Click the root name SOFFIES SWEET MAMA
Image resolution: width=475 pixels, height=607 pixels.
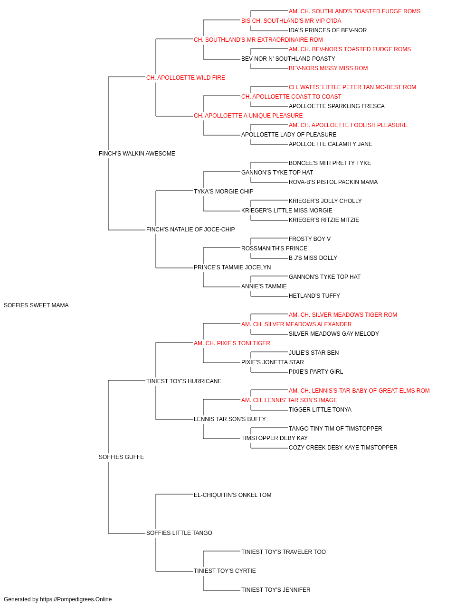[x=36, y=305]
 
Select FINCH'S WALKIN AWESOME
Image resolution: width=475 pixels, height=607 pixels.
[x=137, y=154]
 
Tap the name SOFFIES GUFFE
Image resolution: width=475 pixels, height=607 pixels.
[x=122, y=457]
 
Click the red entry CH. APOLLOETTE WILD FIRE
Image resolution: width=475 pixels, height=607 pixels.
[x=185, y=78]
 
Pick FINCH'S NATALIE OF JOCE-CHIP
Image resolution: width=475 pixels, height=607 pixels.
[x=190, y=230]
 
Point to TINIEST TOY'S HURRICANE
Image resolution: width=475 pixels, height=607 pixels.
[x=184, y=381]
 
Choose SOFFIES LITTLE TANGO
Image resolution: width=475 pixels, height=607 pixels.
[x=179, y=533]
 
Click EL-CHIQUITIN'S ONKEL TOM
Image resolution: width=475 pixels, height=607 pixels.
[x=232, y=495]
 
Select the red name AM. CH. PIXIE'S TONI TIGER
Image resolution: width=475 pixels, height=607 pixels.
[x=232, y=343]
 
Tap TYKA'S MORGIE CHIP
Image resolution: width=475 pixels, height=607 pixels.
[x=224, y=192]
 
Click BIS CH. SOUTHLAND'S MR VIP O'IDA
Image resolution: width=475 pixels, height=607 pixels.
[x=291, y=21]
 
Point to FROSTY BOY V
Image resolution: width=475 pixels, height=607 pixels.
[x=310, y=239]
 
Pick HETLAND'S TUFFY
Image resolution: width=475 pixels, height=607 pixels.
[x=314, y=296]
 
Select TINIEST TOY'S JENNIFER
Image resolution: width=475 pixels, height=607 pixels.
[x=276, y=589]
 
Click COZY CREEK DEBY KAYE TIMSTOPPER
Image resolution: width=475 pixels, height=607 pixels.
[x=343, y=448]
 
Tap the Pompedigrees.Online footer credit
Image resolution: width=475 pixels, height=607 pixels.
[x=57, y=599]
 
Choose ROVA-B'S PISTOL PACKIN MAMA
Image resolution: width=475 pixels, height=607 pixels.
[x=333, y=182]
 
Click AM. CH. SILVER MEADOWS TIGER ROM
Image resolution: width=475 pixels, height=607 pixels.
[x=343, y=315]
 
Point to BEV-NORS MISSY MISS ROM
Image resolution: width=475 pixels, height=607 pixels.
[x=328, y=68]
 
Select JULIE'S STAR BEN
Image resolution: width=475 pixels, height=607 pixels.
[x=313, y=353]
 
